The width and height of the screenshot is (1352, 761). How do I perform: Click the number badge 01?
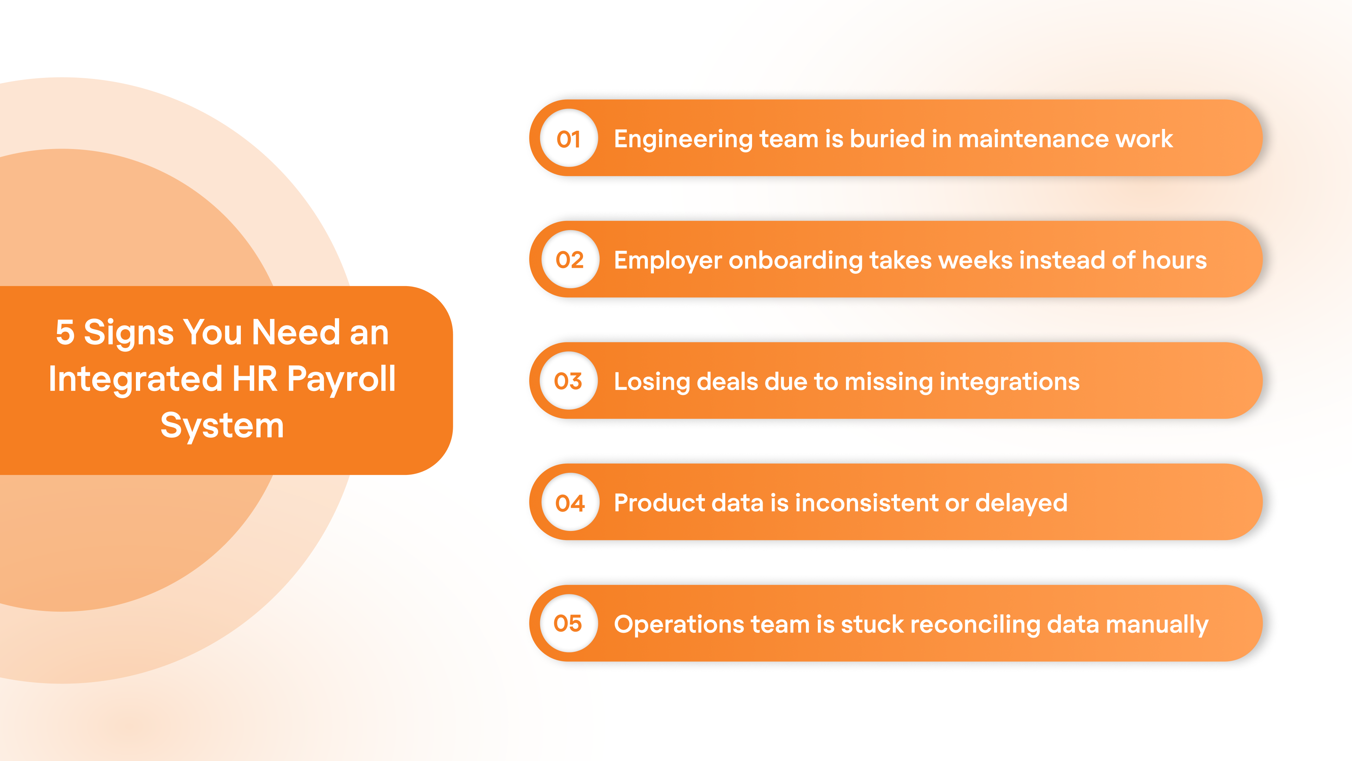pos(569,139)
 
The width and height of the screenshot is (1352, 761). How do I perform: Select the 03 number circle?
pos(568,381)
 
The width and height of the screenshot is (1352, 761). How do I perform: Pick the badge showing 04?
pos(570,503)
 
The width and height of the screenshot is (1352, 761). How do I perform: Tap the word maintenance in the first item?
pos(1033,139)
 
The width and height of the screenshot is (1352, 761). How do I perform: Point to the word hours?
pos(1174,260)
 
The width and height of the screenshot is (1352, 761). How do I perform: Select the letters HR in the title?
pos(255,379)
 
